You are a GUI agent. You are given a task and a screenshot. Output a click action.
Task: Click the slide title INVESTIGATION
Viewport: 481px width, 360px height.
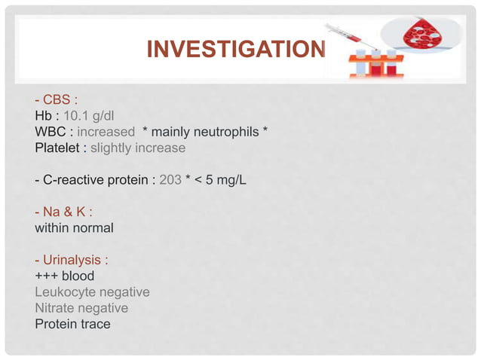(x=235, y=50)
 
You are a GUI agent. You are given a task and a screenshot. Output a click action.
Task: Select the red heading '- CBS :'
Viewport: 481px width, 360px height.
(x=57, y=101)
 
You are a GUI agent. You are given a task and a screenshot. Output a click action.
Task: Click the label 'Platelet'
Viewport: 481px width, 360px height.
(x=59, y=148)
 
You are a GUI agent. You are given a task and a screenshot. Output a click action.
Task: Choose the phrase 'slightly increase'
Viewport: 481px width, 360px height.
(x=137, y=148)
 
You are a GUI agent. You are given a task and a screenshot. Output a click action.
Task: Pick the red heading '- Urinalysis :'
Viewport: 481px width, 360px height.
(x=71, y=260)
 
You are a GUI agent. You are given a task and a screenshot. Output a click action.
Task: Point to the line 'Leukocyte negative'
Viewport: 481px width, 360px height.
(x=92, y=291)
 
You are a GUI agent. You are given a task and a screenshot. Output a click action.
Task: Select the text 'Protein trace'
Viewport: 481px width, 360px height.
(x=72, y=324)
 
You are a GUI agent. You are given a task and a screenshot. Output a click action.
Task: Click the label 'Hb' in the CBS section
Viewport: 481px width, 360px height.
(x=42, y=117)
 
